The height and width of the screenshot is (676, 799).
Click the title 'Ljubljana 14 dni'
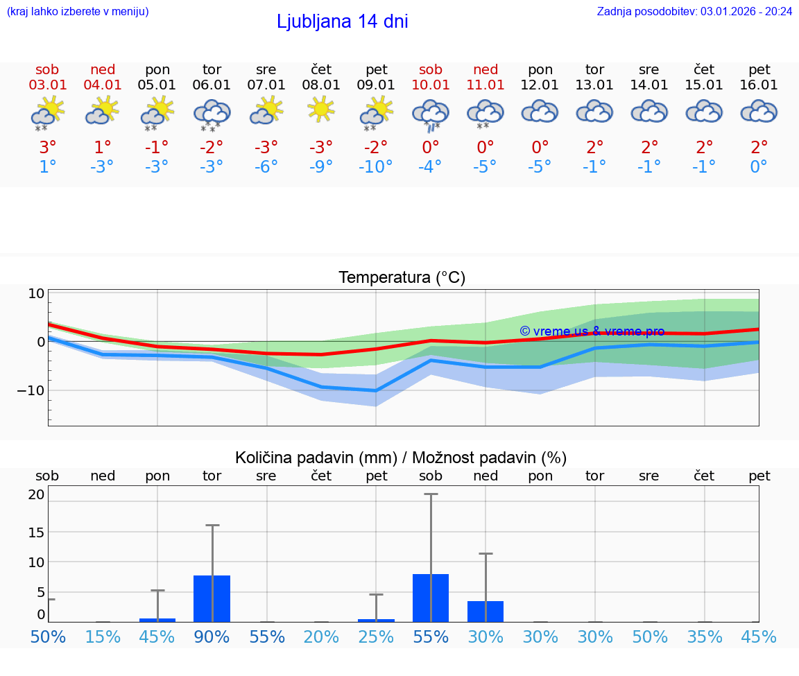click(x=342, y=21)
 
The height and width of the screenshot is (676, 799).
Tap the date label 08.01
click(x=321, y=85)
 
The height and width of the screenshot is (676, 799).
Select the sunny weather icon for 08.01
click(x=321, y=110)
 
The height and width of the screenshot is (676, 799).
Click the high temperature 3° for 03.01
click(x=47, y=147)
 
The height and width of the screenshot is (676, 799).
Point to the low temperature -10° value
click(x=376, y=167)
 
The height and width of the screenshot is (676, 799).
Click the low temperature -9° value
click(x=321, y=167)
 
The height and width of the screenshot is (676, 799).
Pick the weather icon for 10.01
click(x=431, y=114)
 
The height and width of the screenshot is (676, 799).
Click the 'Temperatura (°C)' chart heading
click(x=402, y=277)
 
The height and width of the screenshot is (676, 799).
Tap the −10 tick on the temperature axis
click(x=31, y=390)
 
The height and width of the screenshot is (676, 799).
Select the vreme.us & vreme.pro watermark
click(x=592, y=331)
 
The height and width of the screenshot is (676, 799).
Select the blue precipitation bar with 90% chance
click(x=212, y=598)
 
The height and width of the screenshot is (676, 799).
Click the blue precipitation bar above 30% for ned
click(x=486, y=612)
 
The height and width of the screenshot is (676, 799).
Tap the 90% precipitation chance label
click(x=212, y=636)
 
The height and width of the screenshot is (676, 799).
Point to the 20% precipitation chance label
click(x=321, y=636)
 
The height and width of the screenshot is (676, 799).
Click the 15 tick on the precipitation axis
click(x=36, y=532)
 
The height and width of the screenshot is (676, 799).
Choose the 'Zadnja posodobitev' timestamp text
click(x=694, y=11)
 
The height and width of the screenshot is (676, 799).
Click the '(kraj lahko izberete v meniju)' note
click(x=77, y=11)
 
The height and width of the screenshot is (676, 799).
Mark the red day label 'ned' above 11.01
click(x=486, y=69)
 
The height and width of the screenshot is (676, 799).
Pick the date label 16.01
click(x=759, y=85)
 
